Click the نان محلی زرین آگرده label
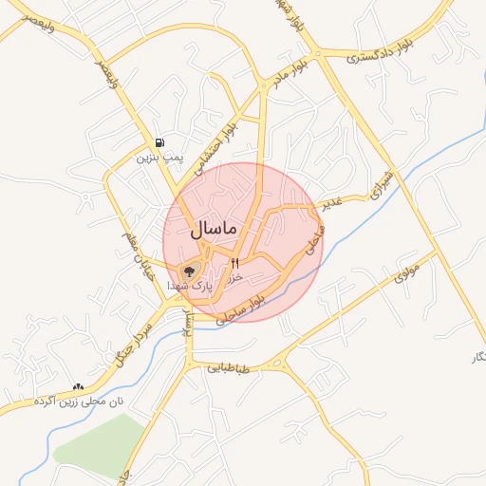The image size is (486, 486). [81, 402]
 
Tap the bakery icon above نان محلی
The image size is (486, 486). [78, 387]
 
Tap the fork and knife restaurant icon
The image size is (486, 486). [234, 263]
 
